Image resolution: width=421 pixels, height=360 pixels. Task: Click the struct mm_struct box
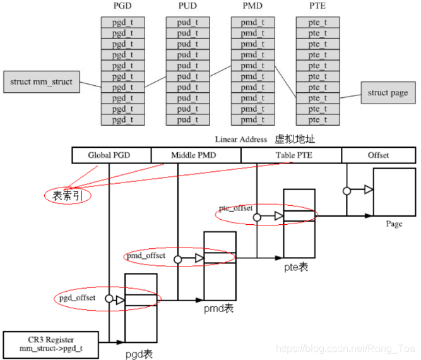(x=42, y=82)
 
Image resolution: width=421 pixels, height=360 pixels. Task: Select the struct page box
(x=388, y=93)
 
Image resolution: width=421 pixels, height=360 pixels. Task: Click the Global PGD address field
(x=111, y=155)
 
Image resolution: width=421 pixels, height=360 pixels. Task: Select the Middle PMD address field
(x=196, y=155)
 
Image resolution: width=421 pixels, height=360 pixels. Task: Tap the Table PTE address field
(x=291, y=155)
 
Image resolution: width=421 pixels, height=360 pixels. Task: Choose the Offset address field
(x=378, y=155)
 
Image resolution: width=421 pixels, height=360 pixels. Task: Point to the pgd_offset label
(x=78, y=298)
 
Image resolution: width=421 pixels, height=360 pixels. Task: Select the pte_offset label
(x=235, y=208)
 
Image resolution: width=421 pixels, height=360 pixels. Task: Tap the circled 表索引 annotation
(x=68, y=196)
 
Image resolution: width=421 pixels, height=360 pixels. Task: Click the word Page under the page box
(x=394, y=224)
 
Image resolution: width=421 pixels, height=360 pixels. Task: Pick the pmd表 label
(x=218, y=308)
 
